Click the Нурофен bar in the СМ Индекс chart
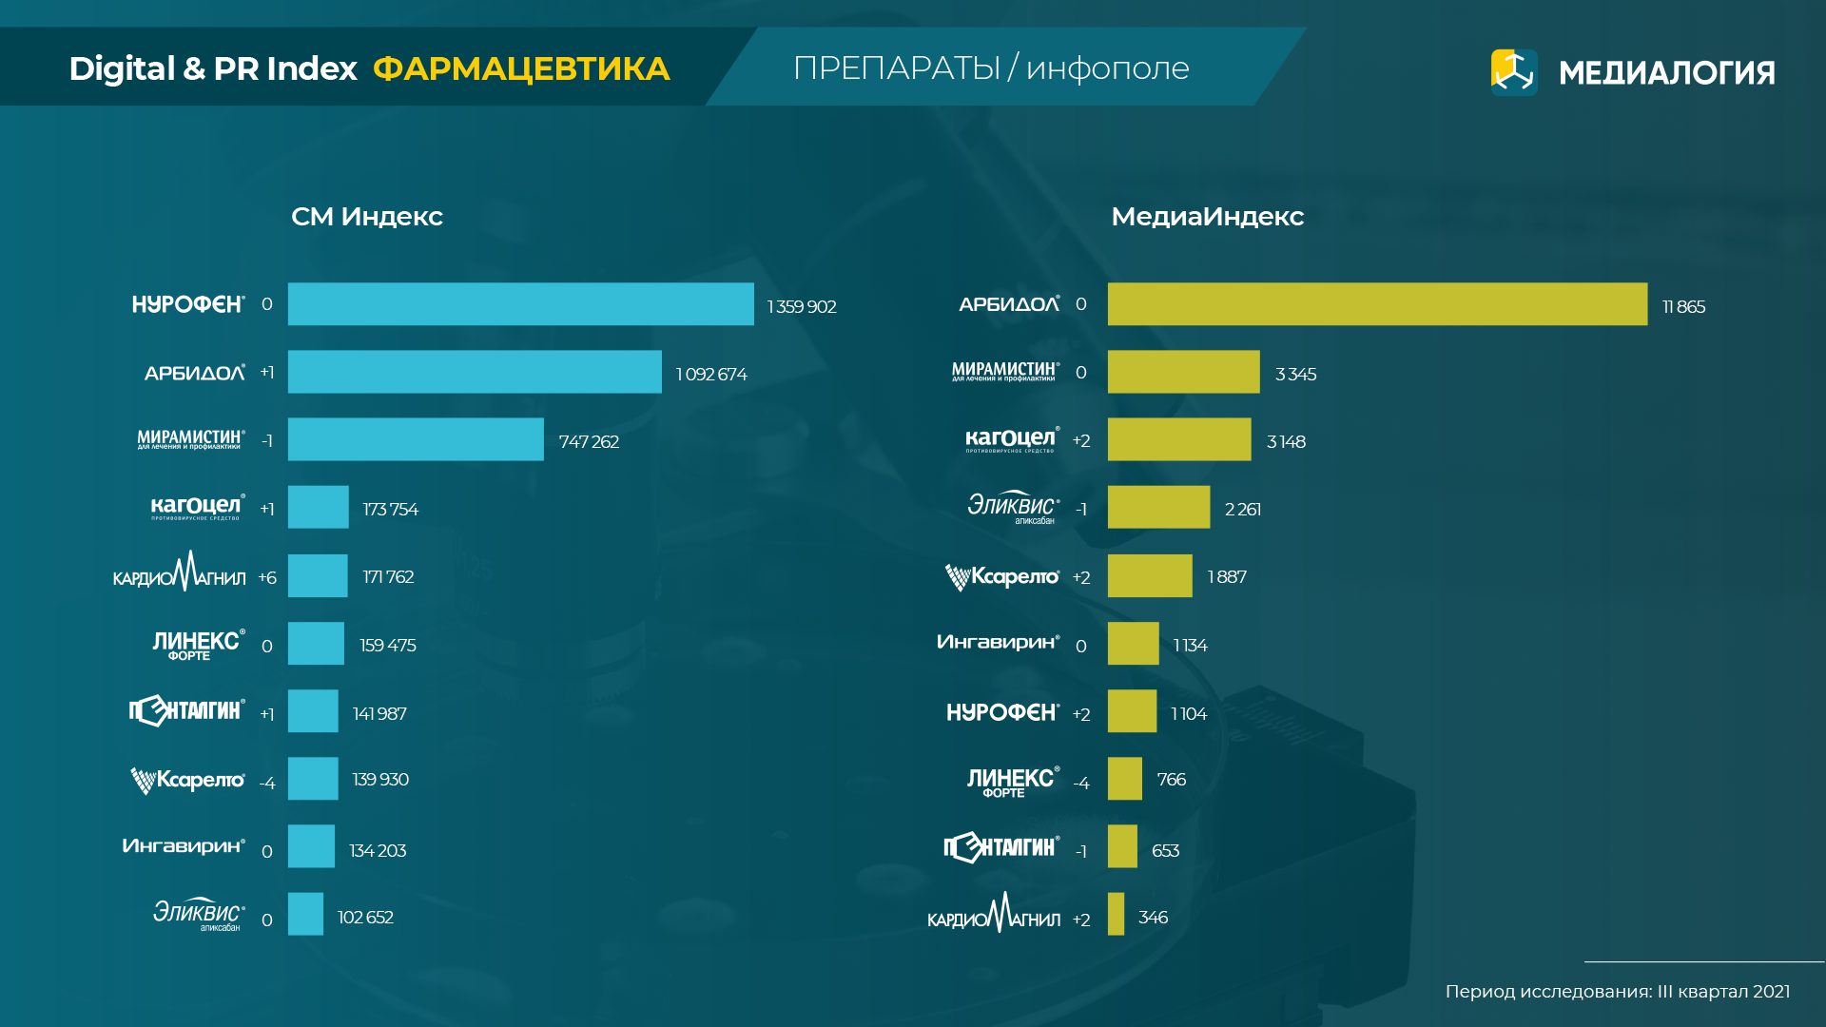[x=520, y=304]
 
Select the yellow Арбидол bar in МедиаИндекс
[x=1376, y=304]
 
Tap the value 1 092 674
[x=711, y=375]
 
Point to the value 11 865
[x=1683, y=307]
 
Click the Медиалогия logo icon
[x=1514, y=72]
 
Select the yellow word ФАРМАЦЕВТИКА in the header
[x=521, y=68]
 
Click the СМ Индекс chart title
[x=367, y=217]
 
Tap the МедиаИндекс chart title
[x=1207, y=217]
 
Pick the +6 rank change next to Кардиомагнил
[x=267, y=578]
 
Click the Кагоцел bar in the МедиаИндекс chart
[x=1179, y=439]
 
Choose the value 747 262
[x=589, y=442]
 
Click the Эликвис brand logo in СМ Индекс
[x=199, y=914]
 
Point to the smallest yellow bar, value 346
[x=1116, y=914]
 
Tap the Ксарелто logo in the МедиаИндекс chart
[x=1002, y=577]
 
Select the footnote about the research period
[x=1617, y=992]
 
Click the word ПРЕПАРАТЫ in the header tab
[x=896, y=68]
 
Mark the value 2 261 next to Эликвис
[x=1243, y=510]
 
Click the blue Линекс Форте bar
[x=316, y=644]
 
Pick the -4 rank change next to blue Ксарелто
[x=267, y=784]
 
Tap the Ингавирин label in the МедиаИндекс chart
[x=998, y=643]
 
